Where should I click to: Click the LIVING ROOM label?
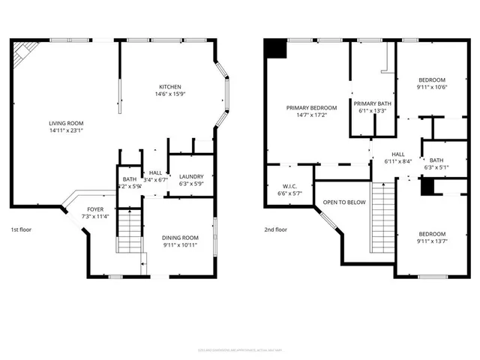[x=66, y=123]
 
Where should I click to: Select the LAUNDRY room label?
[x=190, y=177]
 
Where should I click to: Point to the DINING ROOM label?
[x=181, y=238]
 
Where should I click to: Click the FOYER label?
[x=95, y=209]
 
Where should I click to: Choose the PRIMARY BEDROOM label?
[x=311, y=108]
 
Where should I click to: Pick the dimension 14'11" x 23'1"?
[x=66, y=130]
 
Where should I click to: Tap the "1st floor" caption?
[x=22, y=229]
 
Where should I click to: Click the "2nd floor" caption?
[x=275, y=229]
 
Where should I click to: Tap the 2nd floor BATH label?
[x=436, y=160]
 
